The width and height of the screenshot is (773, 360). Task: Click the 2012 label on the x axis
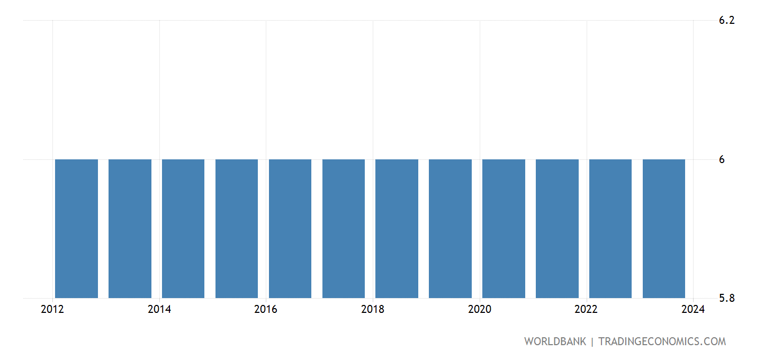coord(52,310)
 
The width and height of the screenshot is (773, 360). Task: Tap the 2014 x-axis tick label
coord(159,310)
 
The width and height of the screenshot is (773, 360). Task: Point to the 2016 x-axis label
coord(266,310)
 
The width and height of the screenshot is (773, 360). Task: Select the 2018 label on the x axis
coord(373,310)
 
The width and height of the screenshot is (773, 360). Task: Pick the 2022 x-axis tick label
coord(586,310)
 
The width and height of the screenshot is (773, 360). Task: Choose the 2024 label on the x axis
coord(693,310)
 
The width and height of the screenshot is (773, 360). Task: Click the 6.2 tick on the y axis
coord(726,21)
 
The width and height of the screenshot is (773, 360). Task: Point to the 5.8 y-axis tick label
coord(726,298)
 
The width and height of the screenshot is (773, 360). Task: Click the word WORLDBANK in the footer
coord(555,341)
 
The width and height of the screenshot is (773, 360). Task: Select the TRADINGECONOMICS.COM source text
coord(662,341)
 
